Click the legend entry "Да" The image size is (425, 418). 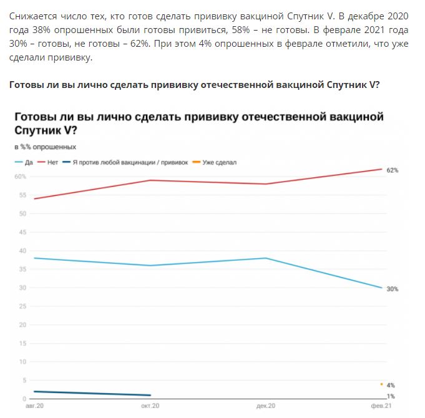(x=25, y=162)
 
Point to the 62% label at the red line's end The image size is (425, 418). (x=392, y=170)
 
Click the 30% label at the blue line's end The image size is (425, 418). (x=392, y=289)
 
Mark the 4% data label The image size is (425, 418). (x=391, y=385)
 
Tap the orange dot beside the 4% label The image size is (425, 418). (x=381, y=384)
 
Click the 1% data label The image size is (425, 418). (x=391, y=396)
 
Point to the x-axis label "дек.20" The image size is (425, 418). (x=266, y=406)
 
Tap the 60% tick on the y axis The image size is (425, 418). (x=21, y=177)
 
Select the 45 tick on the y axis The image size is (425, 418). (x=22, y=232)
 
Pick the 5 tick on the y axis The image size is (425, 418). (x=24, y=381)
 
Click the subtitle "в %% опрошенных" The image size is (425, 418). (x=45, y=147)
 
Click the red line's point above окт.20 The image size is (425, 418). (x=150, y=180)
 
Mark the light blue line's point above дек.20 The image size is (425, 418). (x=266, y=258)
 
